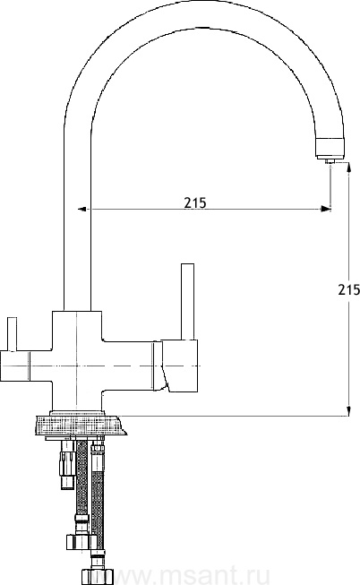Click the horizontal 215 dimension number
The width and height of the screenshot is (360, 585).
[194, 202]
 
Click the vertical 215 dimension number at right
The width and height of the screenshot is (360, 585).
[349, 289]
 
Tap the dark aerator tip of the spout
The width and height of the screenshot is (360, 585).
[330, 148]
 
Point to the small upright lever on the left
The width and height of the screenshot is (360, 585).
[13, 334]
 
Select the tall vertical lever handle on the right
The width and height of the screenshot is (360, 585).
[187, 302]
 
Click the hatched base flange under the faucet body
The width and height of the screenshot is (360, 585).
[80, 426]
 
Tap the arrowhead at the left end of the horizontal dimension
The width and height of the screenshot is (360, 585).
[82, 209]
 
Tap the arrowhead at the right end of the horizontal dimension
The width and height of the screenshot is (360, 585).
[326, 209]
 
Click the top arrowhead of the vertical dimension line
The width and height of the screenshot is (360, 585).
[348, 167]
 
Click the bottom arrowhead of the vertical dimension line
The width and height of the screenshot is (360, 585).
[348, 410]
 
